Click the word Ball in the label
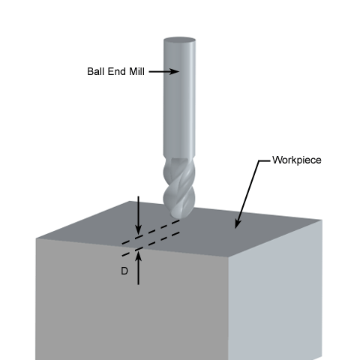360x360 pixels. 95,71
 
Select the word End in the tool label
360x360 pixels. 116,71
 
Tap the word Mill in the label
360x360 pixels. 136,71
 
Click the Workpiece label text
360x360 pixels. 297,160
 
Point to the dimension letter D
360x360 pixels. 124,271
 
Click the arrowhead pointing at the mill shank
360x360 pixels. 175,71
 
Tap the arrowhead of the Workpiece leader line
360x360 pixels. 238,223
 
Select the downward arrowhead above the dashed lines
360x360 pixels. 138,230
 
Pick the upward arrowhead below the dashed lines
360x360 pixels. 138,257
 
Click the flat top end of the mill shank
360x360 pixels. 179,40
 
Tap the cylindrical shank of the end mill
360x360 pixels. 179,97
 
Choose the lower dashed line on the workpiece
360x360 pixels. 151,244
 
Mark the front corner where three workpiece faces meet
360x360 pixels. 228,257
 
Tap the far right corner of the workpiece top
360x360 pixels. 322,220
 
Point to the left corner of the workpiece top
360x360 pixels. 36,238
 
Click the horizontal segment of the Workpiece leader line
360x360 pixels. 265,160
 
